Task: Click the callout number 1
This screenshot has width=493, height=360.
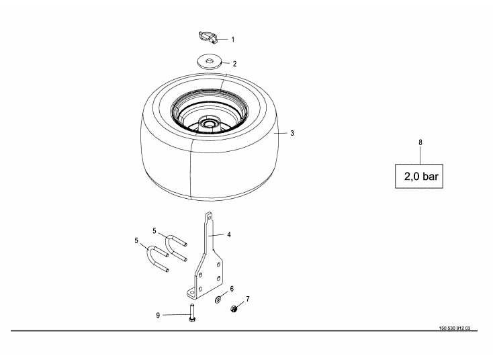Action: [x=232, y=40]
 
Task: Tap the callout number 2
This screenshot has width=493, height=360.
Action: [x=234, y=64]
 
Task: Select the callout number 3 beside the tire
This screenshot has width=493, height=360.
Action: [x=292, y=133]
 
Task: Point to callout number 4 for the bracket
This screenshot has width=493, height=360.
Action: [x=229, y=234]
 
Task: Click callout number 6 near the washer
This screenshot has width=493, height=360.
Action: [x=232, y=289]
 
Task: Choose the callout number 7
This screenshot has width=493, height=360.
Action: [x=248, y=299]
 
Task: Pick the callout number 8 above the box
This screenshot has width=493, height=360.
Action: [x=420, y=142]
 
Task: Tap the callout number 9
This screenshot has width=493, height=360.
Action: [x=158, y=316]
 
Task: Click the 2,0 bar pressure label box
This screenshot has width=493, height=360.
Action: [x=419, y=177]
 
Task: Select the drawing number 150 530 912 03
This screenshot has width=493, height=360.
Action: [x=455, y=328]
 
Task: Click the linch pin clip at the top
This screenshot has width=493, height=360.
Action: [x=208, y=38]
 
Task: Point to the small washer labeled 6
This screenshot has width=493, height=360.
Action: [x=218, y=300]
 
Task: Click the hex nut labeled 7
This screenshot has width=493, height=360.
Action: [x=234, y=309]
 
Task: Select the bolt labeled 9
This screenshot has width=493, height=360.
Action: [x=192, y=313]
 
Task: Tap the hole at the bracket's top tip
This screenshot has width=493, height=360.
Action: [x=209, y=217]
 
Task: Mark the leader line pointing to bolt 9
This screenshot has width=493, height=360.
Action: [x=176, y=315]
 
